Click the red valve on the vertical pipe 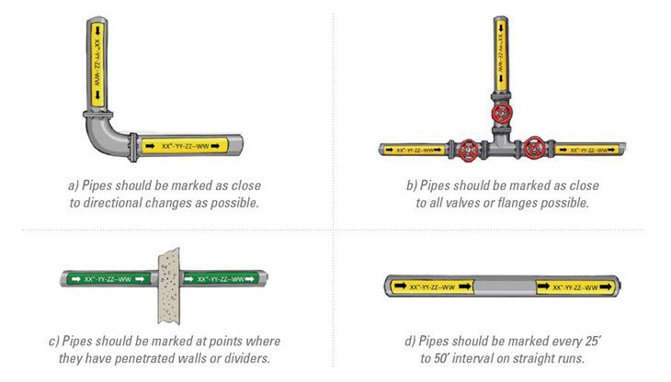(502, 114)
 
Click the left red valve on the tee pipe (469, 151)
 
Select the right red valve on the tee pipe (534, 148)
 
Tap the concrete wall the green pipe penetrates (169, 286)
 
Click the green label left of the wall (108, 279)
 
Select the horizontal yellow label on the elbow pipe (185, 146)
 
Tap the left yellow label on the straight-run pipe (432, 286)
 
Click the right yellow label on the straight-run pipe (575, 286)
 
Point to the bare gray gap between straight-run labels (505, 286)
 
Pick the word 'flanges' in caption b (516, 203)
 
